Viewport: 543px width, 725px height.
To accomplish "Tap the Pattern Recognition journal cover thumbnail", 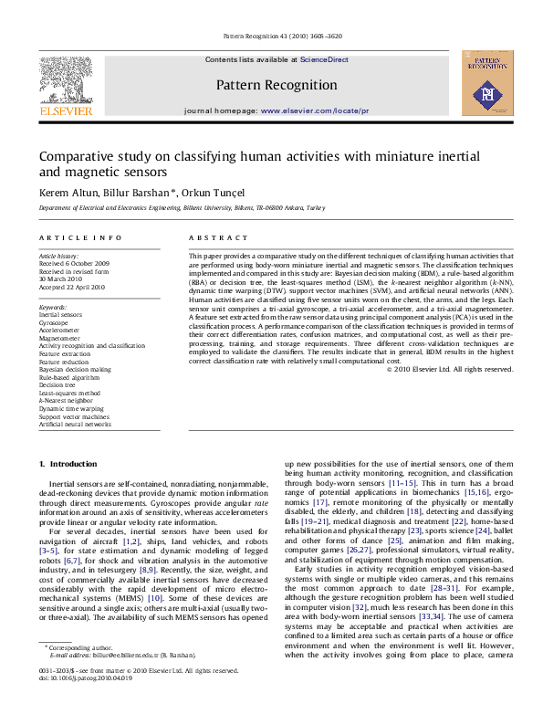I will tap(481, 83).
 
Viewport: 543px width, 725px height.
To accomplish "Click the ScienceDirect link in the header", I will tap(325, 59).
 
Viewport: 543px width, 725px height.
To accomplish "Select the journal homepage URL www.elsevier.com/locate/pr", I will tap(315, 110).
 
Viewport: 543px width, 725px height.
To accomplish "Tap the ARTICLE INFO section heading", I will tap(79, 237).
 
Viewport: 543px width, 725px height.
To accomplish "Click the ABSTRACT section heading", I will tap(206, 237).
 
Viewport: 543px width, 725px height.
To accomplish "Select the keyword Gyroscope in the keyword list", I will tap(53, 323).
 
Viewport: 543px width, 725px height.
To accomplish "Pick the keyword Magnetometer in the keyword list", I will tap(58, 338).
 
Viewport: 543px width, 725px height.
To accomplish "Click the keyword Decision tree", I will tap(57, 384).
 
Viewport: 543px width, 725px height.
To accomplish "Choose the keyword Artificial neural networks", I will tap(75, 424).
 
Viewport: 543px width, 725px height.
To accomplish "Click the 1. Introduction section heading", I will tap(67, 464).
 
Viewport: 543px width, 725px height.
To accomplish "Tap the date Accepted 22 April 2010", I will tap(71, 287).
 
